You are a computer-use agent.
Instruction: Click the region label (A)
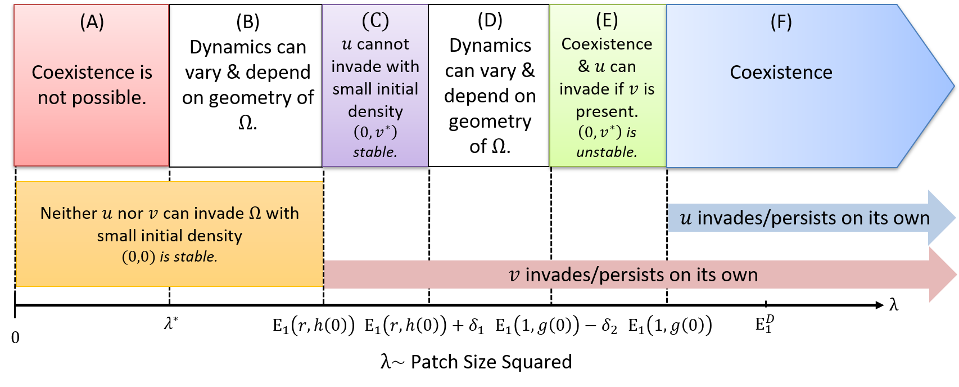(x=92, y=22)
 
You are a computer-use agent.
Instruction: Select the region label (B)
(x=248, y=22)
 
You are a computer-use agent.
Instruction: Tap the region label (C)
(x=376, y=21)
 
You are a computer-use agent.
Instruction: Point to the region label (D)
(x=490, y=21)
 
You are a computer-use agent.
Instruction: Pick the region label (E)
(x=607, y=21)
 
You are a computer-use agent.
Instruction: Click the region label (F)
(x=781, y=22)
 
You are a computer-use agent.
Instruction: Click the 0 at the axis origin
(x=15, y=337)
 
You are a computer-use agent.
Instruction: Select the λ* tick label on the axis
(x=171, y=323)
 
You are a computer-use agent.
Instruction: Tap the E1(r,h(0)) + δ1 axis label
(x=424, y=326)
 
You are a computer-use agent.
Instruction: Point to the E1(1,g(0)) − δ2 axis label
(x=556, y=326)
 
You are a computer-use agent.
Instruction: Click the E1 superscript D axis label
(x=765, y=323)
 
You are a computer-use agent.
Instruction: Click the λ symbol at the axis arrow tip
(x=893, y=305)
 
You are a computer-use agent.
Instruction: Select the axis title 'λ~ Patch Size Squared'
(x=476, y=362)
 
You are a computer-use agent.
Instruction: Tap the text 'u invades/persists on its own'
(x=805, y=218)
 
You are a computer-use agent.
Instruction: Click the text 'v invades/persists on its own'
(x=633, y=274)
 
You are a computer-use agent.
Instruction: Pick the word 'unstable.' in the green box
(x=607, y=152)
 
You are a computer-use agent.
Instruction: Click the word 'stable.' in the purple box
(x=375, y=152)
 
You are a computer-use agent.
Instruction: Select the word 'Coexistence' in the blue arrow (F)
(x=781, y=72)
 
